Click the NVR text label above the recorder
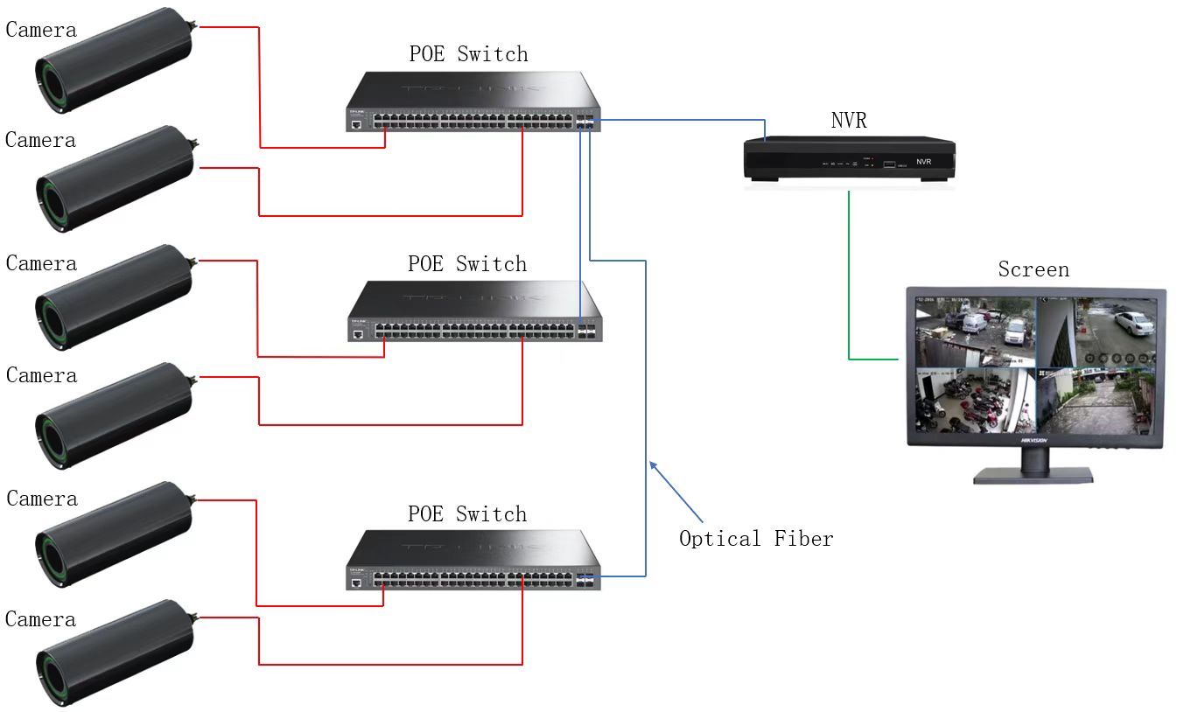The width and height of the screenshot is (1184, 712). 848,120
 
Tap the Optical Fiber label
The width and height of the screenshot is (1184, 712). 756,538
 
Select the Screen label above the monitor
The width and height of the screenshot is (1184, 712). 1033,269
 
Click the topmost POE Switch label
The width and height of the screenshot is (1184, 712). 468,54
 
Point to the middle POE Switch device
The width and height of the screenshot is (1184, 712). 475,312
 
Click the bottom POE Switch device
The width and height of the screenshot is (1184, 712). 473,561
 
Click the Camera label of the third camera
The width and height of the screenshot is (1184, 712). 41,263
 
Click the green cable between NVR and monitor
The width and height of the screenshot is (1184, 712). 849,289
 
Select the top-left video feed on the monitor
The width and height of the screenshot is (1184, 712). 974,332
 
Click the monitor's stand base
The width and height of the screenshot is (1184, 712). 1033,475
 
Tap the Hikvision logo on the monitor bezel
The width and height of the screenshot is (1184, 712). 1033,441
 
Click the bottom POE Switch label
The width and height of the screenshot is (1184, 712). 467,513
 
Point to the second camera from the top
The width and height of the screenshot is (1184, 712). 114,179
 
